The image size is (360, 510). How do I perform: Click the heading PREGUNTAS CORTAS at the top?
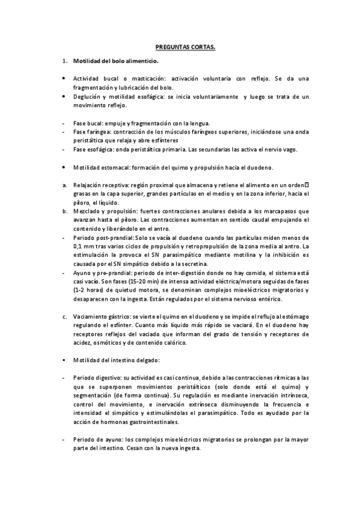pyautogui.click(x=181, y=46)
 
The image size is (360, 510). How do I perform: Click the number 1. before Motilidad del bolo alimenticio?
pyautogui.click(x=64, y=62)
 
